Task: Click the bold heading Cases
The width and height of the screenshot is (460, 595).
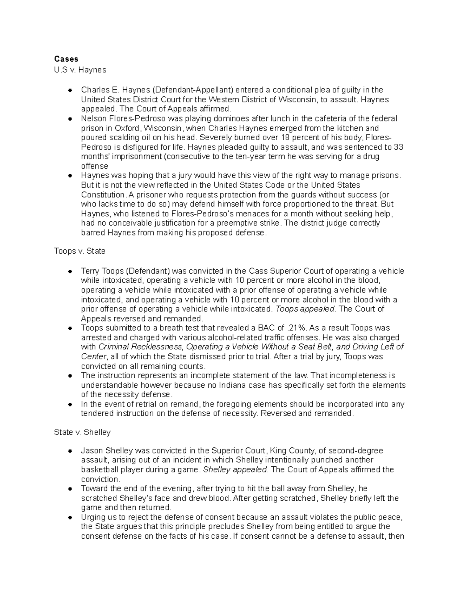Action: (x=66, y=59)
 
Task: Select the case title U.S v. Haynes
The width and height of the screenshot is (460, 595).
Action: (x=80, y=70)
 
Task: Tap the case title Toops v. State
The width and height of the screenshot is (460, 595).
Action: (x=80, y=251)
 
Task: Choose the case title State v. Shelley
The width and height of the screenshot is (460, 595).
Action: (x=82, y=432)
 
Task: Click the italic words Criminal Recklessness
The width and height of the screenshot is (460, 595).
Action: (x=140, y=347)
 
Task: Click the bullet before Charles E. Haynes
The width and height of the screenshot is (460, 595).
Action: (x=70, y=90)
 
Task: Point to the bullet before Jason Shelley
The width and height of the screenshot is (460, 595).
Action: (x=70, y=451)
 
